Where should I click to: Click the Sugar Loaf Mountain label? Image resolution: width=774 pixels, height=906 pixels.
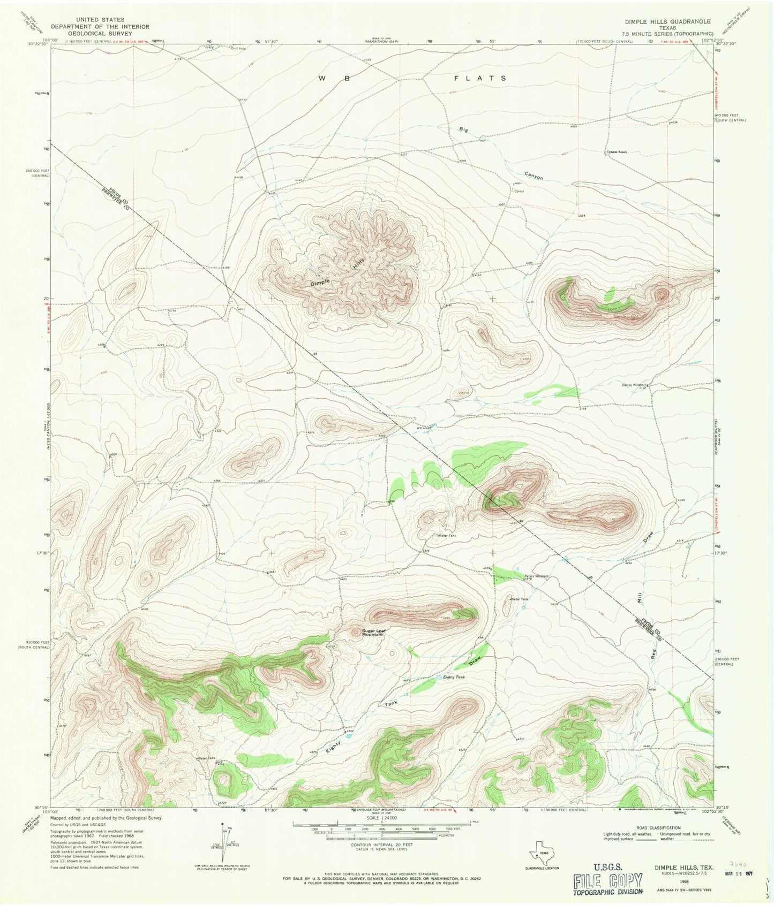pos(373,633)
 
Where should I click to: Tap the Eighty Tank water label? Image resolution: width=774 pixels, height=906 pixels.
pos(454,677)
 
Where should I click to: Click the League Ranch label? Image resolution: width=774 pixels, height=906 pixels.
pos(617,152)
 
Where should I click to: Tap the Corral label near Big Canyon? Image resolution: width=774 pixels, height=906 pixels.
pos(518,191)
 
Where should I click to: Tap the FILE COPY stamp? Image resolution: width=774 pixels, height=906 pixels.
pos(607,881)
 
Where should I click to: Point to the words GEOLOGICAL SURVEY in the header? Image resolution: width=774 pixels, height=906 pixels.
pos(101,33)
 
